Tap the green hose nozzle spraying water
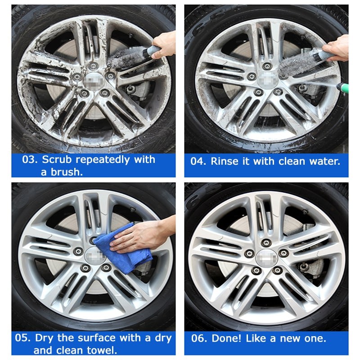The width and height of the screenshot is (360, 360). point(343,87)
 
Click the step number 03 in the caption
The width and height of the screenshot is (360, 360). point(30,160)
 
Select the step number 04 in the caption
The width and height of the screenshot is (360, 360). point(198,161)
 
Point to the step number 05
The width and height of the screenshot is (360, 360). point(22,338)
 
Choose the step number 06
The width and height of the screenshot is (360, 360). point(199,338)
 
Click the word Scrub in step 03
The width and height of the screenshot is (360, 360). point(57,160)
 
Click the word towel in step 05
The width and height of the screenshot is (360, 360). point(102,351)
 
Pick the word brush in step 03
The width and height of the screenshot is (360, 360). point(67,172)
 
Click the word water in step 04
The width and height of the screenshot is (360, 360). point(324,161)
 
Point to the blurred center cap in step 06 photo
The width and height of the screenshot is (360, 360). point(266,258)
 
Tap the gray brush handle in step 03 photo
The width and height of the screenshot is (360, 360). point(151,51)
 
